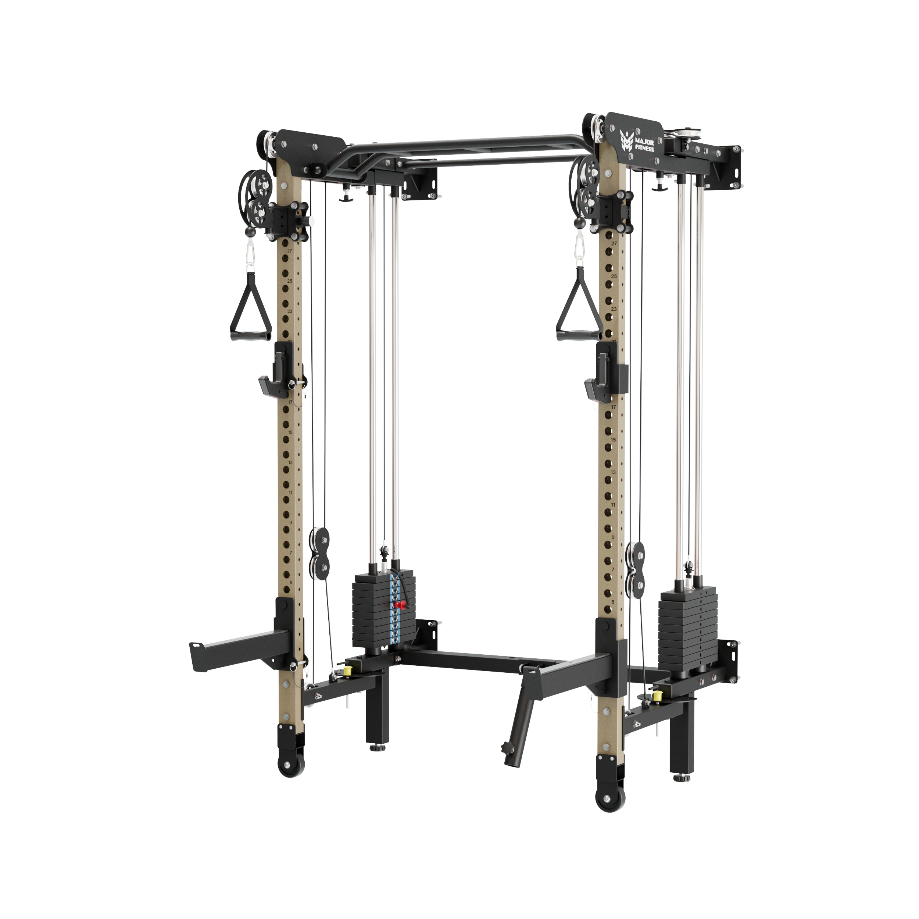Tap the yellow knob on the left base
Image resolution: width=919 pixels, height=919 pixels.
tap(347, 671)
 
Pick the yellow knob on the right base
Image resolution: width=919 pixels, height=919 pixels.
tap(658, 696)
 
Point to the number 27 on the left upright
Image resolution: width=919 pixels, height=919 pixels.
tap(289, 251)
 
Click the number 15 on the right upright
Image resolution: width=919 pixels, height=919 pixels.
tap(613, 440)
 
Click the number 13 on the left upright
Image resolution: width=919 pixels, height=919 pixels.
tap(290, 462)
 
